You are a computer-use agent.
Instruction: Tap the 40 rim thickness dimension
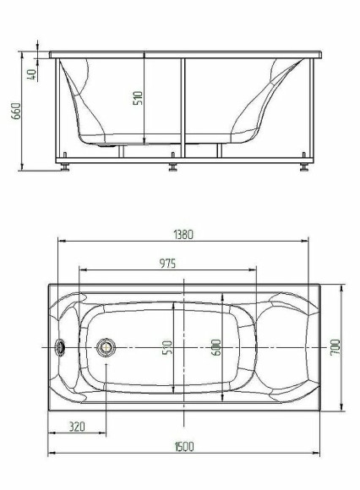[33, 73]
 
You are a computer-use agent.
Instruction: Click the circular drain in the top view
[106, 347]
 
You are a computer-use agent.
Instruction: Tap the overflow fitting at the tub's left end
[61, 347]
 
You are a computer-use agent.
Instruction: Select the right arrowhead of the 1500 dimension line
[318, 456]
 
